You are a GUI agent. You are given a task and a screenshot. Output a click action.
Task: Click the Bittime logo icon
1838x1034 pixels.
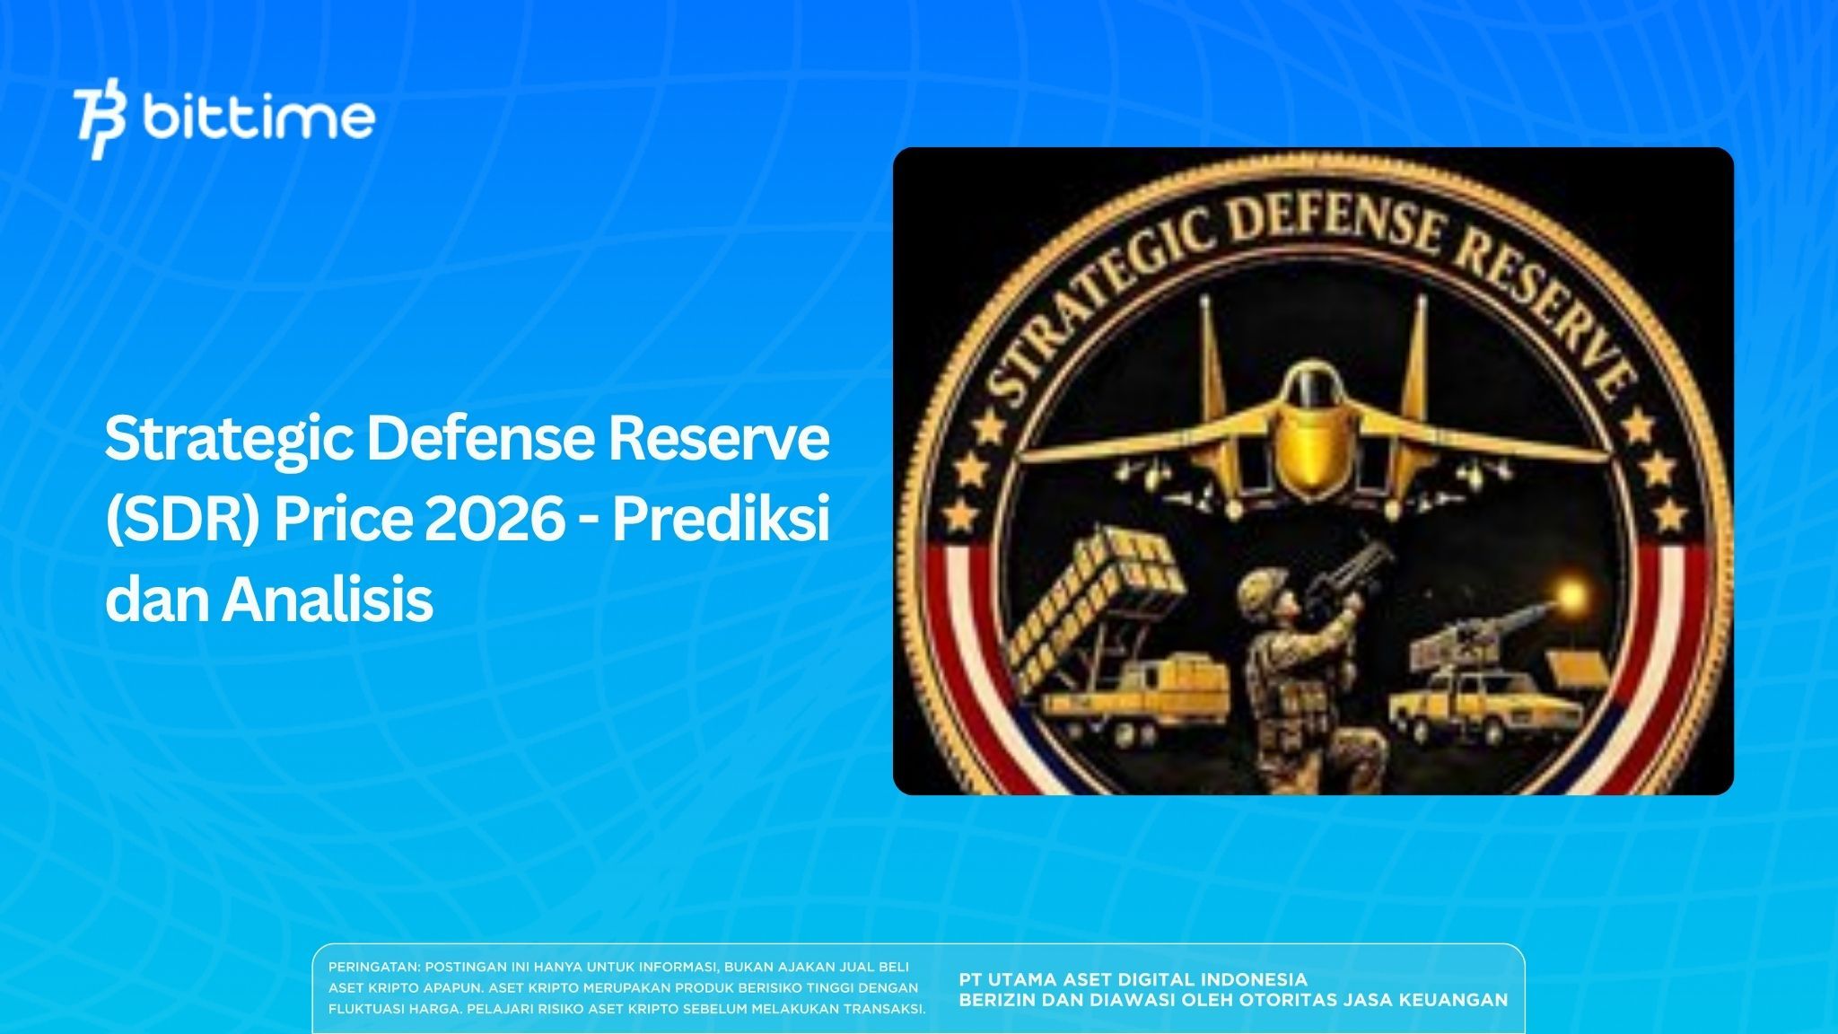tap(101, 123)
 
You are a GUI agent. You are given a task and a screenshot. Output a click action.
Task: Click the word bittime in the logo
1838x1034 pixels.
tap(258, 118)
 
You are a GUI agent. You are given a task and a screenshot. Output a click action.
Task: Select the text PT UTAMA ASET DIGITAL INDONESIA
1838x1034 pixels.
tap(1133, 979)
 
